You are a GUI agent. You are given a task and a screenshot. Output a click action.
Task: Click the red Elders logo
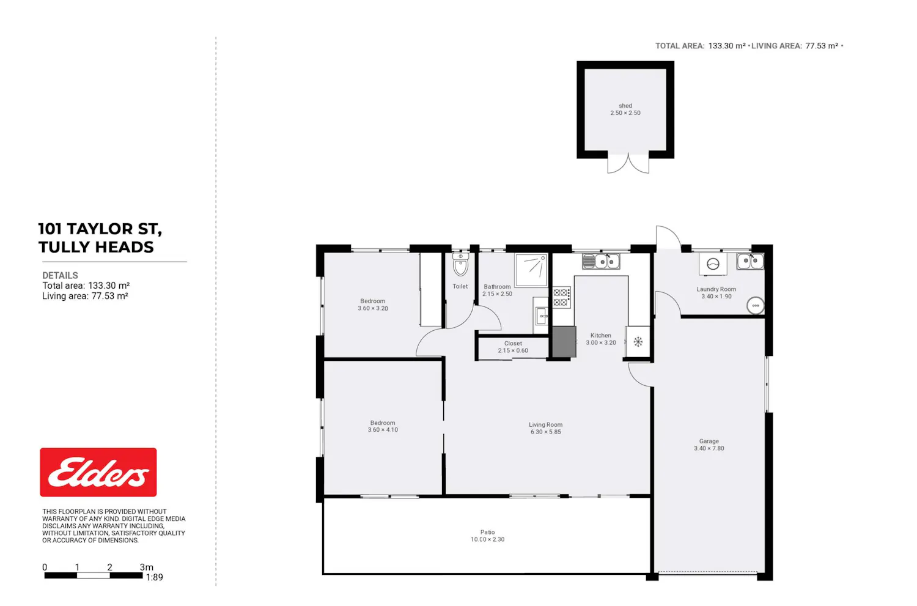pos(98,472)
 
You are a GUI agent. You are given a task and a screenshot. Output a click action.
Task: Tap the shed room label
pos(625,106)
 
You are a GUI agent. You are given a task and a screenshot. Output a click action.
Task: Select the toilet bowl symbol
pos(460,265)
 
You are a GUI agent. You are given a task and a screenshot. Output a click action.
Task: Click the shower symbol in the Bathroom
pos(531,270)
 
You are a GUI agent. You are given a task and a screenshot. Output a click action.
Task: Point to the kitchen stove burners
pos(561,297)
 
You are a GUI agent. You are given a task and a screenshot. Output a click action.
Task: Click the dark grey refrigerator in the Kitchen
pos(564,341)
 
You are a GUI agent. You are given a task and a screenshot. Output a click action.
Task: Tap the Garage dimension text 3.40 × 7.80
pos(709,448)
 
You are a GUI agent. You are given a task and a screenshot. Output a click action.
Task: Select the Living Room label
pos(545,424)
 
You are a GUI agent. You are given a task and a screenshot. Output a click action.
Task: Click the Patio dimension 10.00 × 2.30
pos(487,539)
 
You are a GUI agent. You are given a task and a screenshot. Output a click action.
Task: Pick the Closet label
pos(513,343)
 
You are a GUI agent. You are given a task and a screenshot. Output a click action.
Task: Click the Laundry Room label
pos(716,289)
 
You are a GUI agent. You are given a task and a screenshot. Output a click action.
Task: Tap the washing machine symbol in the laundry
pos(713,264)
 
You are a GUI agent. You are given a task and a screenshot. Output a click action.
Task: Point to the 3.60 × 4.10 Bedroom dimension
pos(383,429)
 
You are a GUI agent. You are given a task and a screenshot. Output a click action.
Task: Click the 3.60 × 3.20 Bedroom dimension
pos(372,308)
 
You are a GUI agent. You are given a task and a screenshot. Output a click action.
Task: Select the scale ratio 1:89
pos(154,577)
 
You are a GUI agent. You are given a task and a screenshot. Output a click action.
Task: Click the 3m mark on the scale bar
pos(147,567)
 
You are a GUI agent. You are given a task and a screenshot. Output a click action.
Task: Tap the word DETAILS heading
pos(60,275)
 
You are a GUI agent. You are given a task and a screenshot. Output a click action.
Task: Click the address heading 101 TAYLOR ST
pos(100,229)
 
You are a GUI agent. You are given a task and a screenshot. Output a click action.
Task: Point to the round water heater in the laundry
pos(755,306)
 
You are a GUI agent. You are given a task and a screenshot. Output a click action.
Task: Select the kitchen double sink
pos(601,261)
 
